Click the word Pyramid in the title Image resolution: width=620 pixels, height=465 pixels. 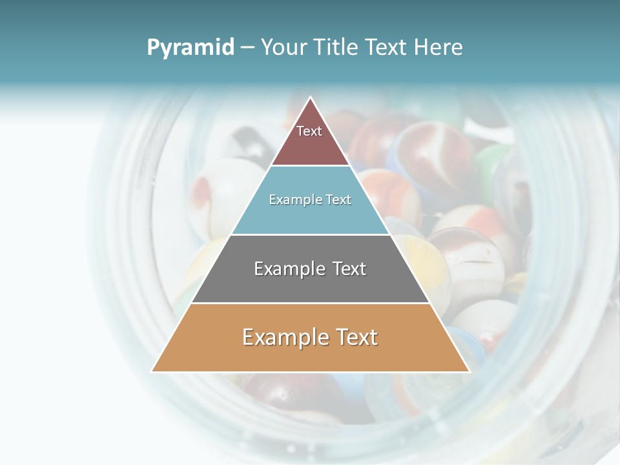[191, 48]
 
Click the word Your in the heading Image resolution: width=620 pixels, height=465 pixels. [284, 48]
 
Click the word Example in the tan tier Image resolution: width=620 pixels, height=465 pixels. [284, 337]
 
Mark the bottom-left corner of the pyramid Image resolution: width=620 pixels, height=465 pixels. [152, 371]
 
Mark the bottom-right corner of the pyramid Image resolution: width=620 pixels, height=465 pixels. [469, 371]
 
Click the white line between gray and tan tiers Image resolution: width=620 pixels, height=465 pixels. [310, 303]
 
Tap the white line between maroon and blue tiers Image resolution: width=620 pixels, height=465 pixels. [310, 165]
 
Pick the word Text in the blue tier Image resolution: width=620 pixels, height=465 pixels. [338, 200]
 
